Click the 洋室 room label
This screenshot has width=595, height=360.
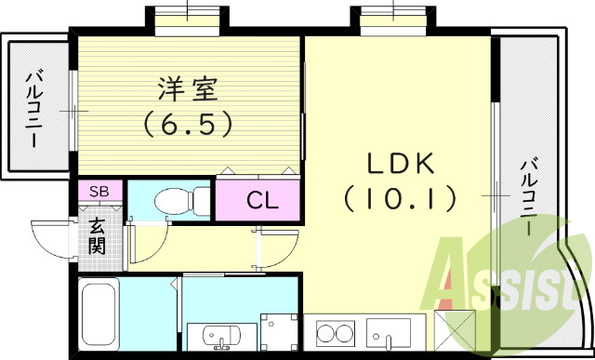[x=187, y=90]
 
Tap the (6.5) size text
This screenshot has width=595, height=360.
[x=187, y=123]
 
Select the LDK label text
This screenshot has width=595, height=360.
[x=400, y=164]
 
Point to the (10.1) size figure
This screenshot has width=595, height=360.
[x=400, y=197]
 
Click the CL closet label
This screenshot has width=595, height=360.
[x=259, y=199]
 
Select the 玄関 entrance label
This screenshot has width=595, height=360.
[x=98, y=234]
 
